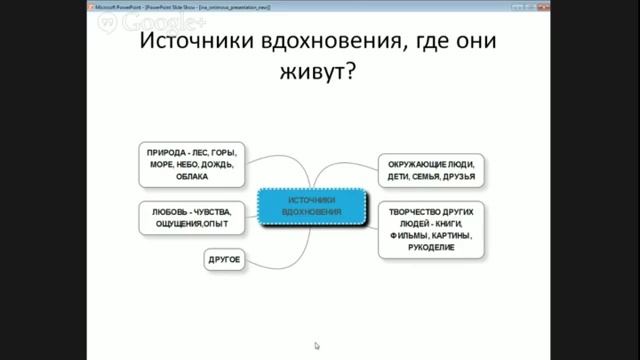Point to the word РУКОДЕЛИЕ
tap(432, 247)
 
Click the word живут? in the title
tap(318, 77)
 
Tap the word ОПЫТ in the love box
tap(218, 224)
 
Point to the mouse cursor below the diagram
tap(317, 346)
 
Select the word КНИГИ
tap(457, 223)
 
